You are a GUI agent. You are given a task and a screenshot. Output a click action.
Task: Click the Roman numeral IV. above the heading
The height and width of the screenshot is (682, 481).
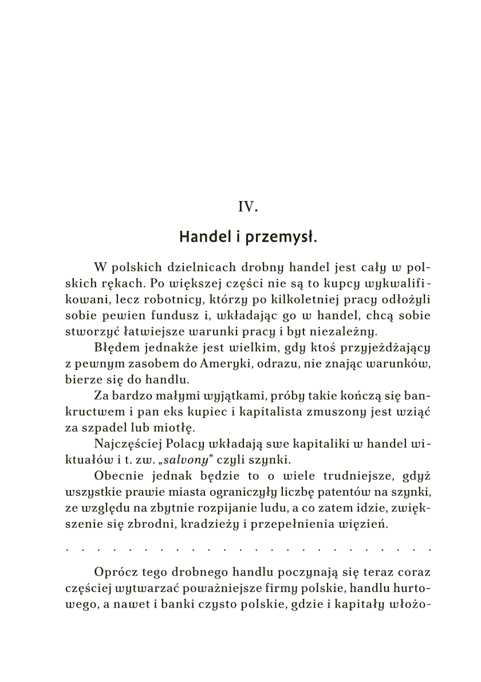(x=248, y=207)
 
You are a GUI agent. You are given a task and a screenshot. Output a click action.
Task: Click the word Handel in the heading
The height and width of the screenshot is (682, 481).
(x=201, y=237)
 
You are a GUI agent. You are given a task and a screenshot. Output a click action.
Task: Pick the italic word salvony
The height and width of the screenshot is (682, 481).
(x=187, y=458)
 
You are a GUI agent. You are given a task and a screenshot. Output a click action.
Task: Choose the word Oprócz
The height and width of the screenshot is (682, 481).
(x=114, y=571)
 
